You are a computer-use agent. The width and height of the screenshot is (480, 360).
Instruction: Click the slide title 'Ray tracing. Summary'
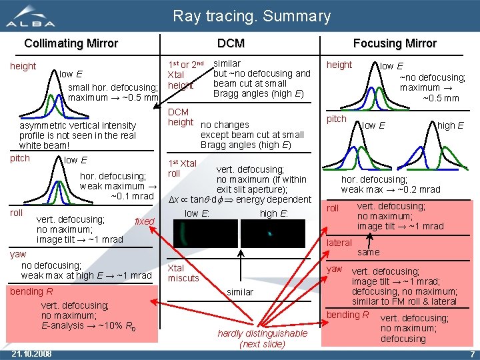251,16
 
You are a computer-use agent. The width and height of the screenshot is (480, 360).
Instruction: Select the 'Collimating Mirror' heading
71,43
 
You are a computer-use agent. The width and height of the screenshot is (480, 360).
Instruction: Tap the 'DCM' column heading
231,43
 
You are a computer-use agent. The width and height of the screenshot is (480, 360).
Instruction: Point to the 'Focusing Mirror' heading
395,43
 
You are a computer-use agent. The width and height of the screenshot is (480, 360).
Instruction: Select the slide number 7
472,353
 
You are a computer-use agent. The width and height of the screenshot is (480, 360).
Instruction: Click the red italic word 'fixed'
144,221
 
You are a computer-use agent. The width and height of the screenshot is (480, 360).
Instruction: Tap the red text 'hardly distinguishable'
262,333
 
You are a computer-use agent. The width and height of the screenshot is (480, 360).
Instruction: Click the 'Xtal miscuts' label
183,273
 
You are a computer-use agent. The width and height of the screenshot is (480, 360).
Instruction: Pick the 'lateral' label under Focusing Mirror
339,243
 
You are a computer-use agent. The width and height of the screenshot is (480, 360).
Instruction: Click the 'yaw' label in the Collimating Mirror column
18,254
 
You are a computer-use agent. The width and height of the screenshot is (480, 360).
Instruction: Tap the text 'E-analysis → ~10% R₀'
88,326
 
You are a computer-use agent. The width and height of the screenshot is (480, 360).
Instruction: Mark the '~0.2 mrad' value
421,189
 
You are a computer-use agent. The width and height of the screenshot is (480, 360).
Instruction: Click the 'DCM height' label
179,117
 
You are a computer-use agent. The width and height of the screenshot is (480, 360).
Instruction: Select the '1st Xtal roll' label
182,168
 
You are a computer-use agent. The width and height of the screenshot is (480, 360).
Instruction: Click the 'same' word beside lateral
368,252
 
